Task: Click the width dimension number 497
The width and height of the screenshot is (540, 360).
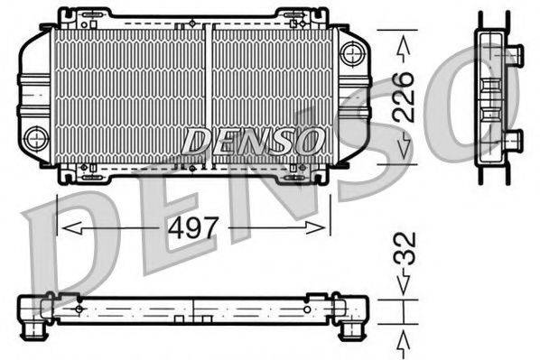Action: (x=194, y=227)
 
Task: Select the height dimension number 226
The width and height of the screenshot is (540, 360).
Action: (x=403, y=96)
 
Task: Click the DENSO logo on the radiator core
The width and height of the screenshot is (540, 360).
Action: (x=253, y=140)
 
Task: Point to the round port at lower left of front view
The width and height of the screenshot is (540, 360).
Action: (x=36, y=138)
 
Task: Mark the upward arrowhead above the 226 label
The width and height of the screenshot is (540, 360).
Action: (x=403, y=44)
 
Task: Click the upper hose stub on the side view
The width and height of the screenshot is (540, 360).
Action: (x=514, y=52)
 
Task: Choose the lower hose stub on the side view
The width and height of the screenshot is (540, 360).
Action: (x=514, y=139)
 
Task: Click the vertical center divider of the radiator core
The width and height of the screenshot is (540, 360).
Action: (x=209, y=95)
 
